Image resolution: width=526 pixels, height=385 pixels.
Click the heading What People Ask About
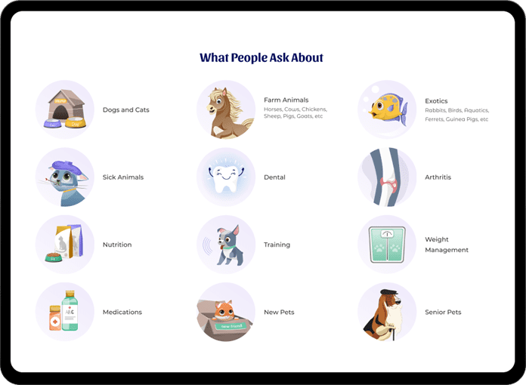261,57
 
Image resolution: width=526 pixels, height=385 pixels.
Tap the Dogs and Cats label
125,110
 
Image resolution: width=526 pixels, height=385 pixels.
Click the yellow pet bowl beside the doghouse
76,122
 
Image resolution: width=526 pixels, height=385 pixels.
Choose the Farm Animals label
286,100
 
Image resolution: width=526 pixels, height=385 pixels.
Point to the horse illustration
227,113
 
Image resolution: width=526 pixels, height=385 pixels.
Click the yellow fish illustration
388,107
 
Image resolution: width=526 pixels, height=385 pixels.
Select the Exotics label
436,101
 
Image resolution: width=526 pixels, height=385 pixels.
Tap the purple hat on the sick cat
67,167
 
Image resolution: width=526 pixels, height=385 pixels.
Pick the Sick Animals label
123,177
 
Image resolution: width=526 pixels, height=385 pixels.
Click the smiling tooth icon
226,177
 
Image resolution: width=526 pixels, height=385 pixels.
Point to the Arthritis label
438,177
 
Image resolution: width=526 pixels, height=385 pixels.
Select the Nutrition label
117,245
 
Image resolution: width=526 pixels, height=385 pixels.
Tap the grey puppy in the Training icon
230,245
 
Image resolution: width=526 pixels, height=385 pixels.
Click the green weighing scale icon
387,245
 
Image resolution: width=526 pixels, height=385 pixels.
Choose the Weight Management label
447,245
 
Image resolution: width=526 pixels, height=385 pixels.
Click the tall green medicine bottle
70,310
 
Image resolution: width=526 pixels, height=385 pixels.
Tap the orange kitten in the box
224,310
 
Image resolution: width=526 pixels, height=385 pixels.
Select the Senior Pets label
443,313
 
